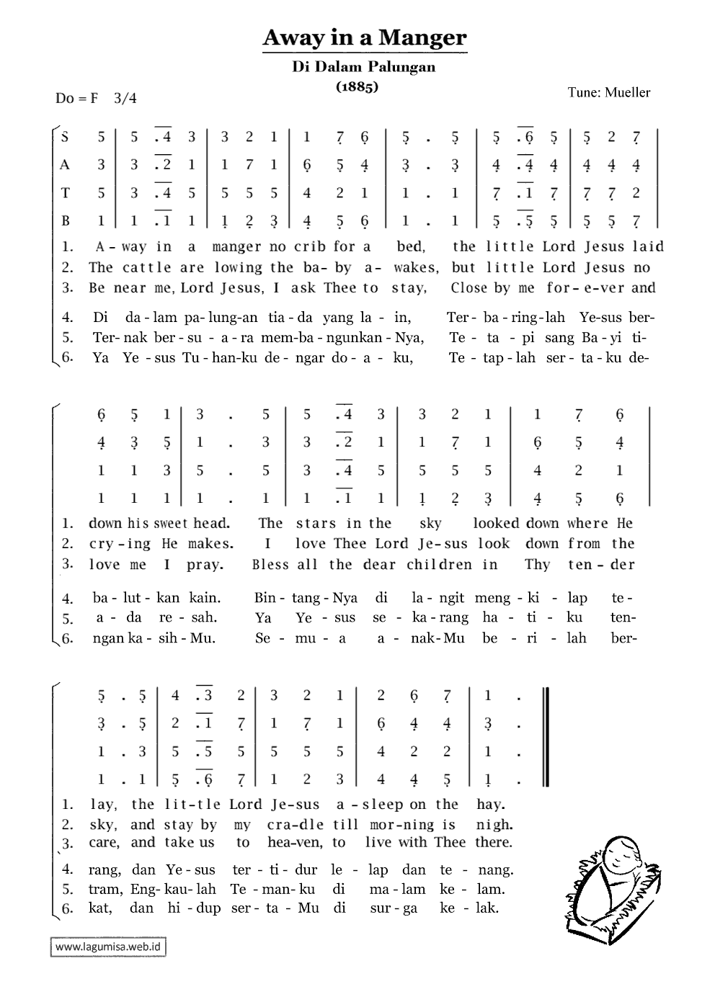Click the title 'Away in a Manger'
tap(364, 37)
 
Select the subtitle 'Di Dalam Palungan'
tap(364, 67)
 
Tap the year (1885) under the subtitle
tap(357, 86)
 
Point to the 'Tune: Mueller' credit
tap(608, 92)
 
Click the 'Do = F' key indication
tap(76, 98)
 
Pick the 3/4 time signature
tap(125, 98)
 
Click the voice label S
tap(66, 137)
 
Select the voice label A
tap(65, 165)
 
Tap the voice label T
tap(65, 193)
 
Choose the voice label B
tap(65, 220)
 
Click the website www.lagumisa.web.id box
tap(108, 947)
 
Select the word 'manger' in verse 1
tap(236, 246)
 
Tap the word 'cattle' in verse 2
tap(146, 267)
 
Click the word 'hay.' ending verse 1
tap(491, 805)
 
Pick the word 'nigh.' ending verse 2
tap(494, 825)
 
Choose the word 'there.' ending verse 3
tap(494, 842)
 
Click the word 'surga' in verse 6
tap(394, 908)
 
